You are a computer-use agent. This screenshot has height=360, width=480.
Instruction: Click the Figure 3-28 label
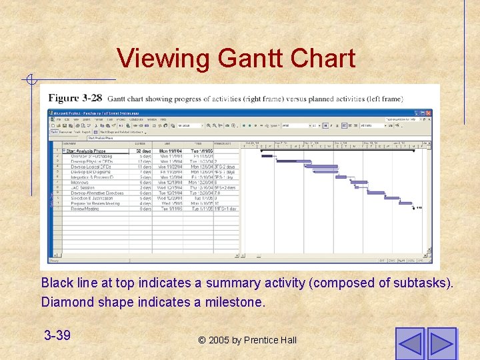click(x=75, y=98)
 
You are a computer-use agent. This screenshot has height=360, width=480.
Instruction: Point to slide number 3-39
click(x=57, y=335)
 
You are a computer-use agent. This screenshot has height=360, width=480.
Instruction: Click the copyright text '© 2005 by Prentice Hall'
click(x=247, y=340)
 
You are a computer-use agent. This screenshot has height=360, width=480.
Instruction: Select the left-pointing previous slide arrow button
click(x=409, y=343)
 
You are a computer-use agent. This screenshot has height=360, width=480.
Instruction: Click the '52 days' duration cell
click(x=143, y=151)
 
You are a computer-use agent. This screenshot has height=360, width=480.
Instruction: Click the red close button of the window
click(x=429, y=113)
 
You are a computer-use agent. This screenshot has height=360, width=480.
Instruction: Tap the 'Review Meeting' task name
click(x=85, y=209)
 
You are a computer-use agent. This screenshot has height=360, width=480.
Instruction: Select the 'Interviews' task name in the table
click(x=80, y=182)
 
